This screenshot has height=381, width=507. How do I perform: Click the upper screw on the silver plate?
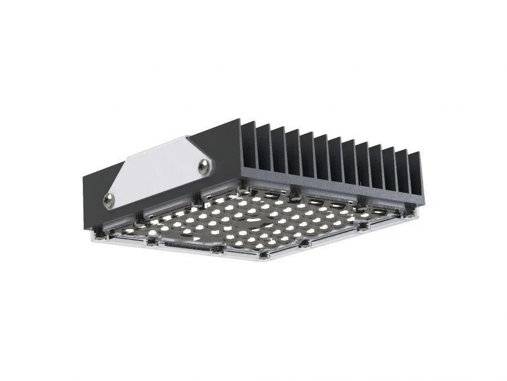(x=204, y=164)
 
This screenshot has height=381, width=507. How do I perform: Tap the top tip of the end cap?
(x=239, y=120)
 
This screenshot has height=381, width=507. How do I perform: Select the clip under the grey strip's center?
(x=293, y=198)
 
